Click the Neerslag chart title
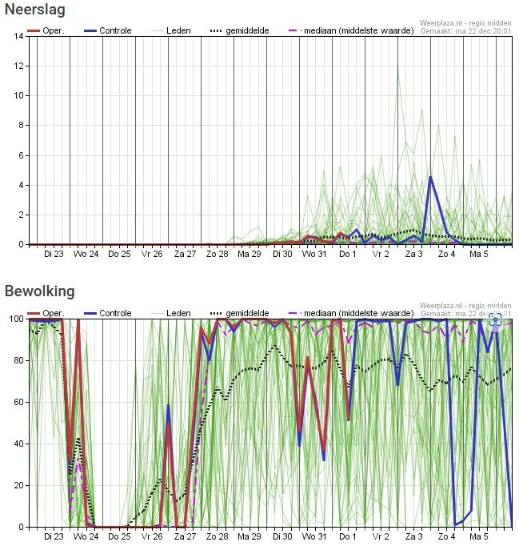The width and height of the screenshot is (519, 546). (34, 10)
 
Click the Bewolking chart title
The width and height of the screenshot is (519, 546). (39, 291)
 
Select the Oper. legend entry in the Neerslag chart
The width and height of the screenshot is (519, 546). (46, 30)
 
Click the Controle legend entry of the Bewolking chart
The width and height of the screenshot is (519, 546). (107, 313)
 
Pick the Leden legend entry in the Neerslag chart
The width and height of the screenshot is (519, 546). (171, 30)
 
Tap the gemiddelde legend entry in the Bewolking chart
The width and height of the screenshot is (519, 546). (239, 313)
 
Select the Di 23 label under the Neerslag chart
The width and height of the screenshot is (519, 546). (54, 255)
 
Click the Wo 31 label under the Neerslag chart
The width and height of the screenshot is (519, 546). (314, 255)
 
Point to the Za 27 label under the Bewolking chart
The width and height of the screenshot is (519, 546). (185, 537)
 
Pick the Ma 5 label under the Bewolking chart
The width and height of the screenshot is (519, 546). (478, 537)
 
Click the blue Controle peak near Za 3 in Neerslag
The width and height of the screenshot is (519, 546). (430, 177)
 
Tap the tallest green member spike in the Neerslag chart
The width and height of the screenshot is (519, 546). (397, 67)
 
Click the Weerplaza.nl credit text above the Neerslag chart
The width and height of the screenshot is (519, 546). (465, 24)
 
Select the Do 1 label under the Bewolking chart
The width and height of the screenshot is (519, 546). (347, 537)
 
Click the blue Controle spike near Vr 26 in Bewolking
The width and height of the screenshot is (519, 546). (168, 406)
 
